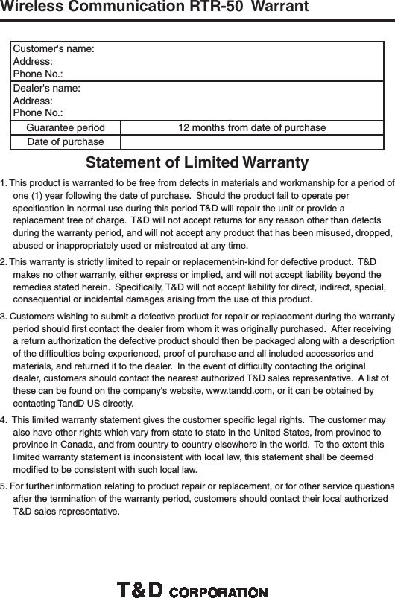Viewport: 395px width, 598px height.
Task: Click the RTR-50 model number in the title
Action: click(x=220, y=7)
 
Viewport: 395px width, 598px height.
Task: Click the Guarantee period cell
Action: click(x=65, y=127)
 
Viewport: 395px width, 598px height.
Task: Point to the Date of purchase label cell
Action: click(x=65, y=141)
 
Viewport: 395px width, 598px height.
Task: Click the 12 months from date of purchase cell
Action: click(x=251, y=127)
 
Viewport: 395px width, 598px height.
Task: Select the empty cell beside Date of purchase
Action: click(x=251, y=141)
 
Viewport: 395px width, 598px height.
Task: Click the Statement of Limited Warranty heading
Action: click(x=197, y=162)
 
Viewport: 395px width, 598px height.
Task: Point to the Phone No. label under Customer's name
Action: click(x=37, y=74)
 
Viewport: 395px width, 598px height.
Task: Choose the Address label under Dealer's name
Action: click(x=33, y=100)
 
